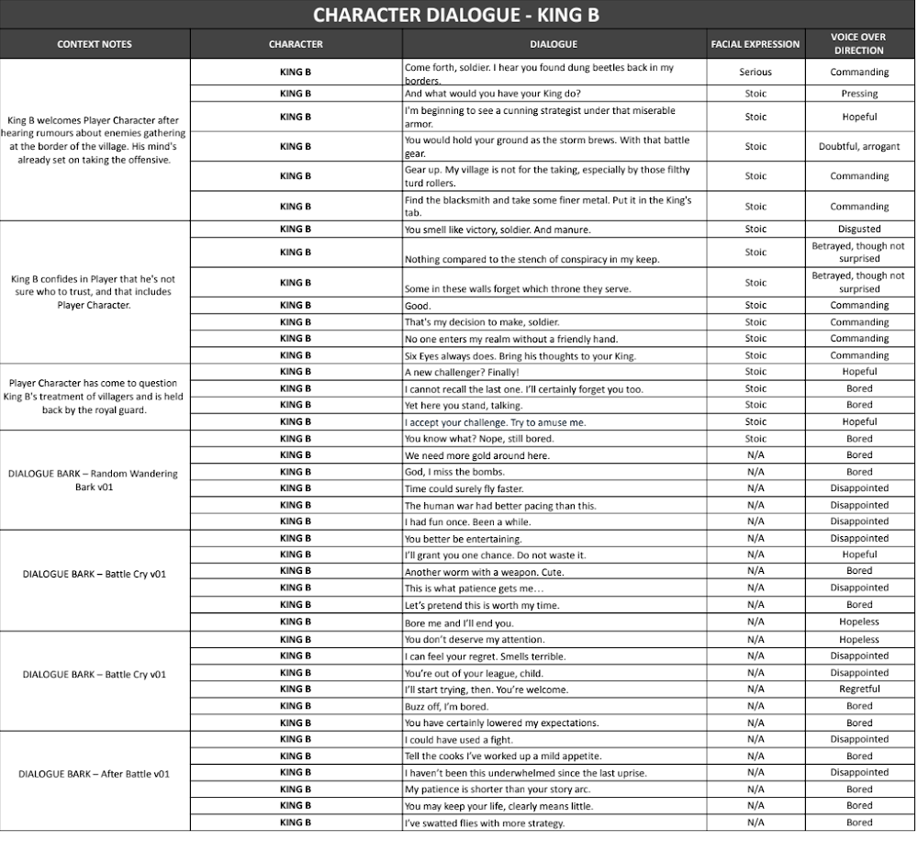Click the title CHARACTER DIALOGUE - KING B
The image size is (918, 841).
456,15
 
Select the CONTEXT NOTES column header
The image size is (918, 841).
95,44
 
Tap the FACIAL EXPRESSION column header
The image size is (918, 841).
755,44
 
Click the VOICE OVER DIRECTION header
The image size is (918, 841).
858,43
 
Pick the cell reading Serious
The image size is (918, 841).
755,72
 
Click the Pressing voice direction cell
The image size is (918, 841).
858,94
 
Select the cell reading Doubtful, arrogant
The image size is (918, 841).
858,147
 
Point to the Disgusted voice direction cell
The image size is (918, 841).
858,230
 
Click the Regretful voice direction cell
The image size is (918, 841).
858,690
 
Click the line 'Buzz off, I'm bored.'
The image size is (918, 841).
447,707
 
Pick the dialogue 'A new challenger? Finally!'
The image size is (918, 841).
462,372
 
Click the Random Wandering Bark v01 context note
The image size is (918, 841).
93,480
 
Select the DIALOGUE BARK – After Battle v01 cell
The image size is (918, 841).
95,774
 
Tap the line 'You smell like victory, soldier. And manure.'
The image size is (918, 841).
497,230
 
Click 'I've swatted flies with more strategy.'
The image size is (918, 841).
484,824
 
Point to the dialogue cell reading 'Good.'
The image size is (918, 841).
418,306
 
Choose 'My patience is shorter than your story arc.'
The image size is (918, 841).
496,790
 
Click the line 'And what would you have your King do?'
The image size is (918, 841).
492,94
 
